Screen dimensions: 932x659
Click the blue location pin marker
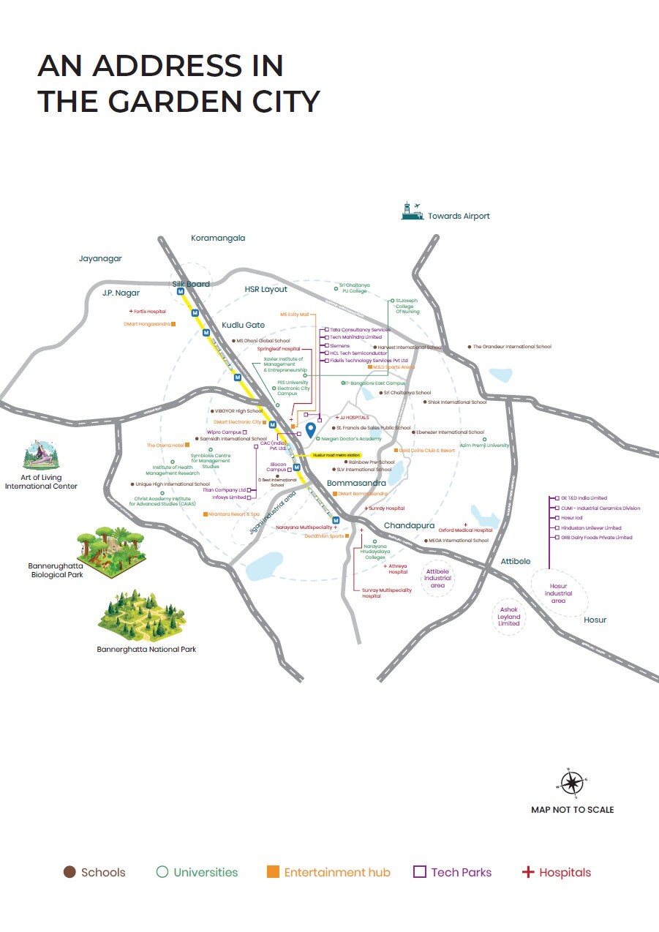pyautogui.click(x=310, y=429)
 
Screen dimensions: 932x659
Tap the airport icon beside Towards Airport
pyautogui.click(x=413, y=211)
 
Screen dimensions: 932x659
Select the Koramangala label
pyautogui.click(x=218, y=238)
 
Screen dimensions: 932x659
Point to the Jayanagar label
pyautogui.click(x=100, y=258)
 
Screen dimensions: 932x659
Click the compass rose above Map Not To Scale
pyautogui.click(x=572, y=783)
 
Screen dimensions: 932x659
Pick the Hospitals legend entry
pyautogui.click(x=556, y=872)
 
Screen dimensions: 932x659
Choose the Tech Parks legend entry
pyautogui.click(x=453, y=872)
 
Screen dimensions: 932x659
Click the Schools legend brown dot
pyautogui.click(x=70, y=872)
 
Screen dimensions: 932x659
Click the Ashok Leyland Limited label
pyautogui.click(x=509, y=617)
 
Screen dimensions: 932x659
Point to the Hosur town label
pyautogui.click(x=595, y=620)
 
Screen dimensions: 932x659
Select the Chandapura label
pyautogui.click(x=409, y=526)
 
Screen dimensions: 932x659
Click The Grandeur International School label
pyautogui.click(x=511, y=347)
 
